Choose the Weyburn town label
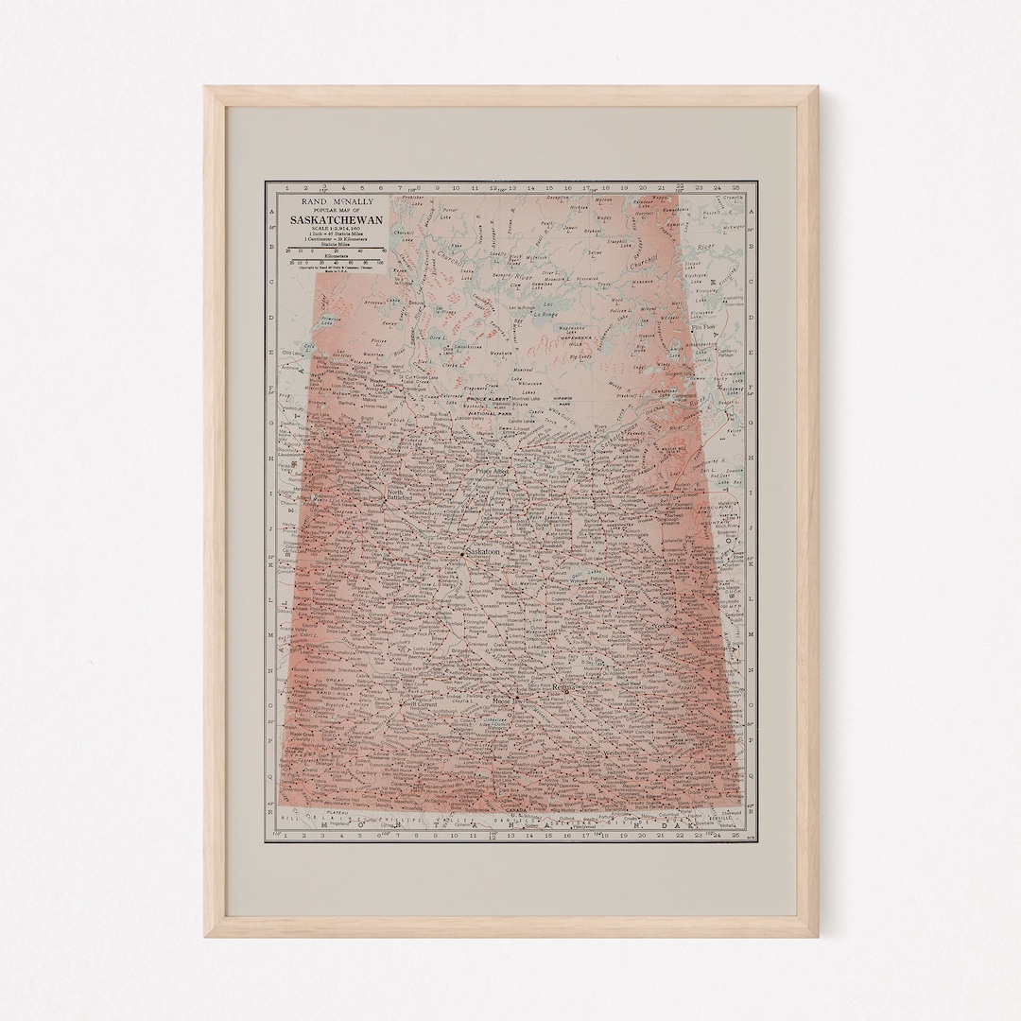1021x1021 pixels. tap(605, 756)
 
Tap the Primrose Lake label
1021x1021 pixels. tap(330, 320)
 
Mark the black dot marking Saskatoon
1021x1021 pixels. tap(461, 552)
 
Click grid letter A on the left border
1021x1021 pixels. tap(272, 213)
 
